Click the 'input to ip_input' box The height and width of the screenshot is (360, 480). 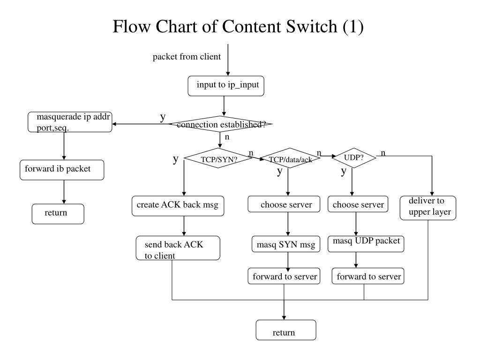coord(226,86)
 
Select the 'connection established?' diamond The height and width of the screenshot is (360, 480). coord(220,124)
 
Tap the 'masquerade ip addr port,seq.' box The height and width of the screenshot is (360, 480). coord(70,122)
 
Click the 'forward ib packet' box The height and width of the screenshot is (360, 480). coord(62,170)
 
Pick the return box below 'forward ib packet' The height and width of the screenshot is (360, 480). coord(58,214)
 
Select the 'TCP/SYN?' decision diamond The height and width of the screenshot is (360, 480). coord(218,158)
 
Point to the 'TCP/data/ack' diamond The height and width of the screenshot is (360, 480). coord(290,158)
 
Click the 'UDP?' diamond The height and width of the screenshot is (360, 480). coord(354,158)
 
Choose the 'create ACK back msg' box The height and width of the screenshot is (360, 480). coord(178,206)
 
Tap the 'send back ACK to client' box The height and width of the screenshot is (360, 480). coord(178,248)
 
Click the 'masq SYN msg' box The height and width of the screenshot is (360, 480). coord(286,244)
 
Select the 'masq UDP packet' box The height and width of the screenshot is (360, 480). coord(366,244)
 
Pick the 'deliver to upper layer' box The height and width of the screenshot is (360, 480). coord(428,208)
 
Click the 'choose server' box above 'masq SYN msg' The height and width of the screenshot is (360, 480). coord(284,204)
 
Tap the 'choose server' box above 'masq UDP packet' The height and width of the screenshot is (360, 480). coord(358,204)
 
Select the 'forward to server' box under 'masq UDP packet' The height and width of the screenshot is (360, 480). coord(368,276)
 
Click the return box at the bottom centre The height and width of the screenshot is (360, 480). coord(286,330)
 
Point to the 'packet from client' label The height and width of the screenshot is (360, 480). coord(187,57)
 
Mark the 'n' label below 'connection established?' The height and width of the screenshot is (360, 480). coord(227,137)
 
